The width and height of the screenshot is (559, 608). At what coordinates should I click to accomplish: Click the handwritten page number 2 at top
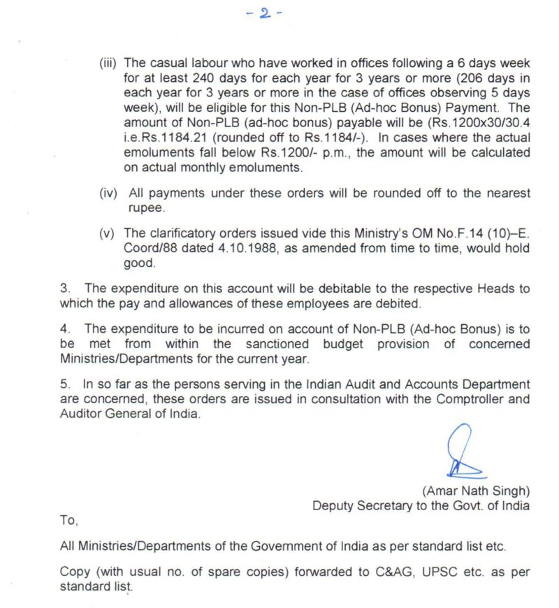(264, 15)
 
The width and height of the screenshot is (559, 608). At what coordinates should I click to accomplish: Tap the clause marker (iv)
(109, 193)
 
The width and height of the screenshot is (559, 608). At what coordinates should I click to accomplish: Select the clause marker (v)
(109, 232)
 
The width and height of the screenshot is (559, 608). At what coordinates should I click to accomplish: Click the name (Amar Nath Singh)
(476, 490)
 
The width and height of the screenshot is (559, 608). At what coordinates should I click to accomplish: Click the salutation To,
(69, 521)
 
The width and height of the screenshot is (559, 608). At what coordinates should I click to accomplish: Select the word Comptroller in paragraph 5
(470, 399)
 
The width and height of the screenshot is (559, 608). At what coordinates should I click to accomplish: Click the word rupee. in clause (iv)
(145, 208)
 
